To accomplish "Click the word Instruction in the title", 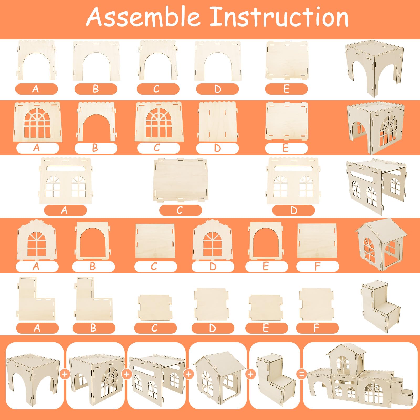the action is (x=280, y=17).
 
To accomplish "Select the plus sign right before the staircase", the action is (x=251, y=374).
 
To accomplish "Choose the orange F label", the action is (x=317, y=328).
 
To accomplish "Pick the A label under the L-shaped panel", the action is (x=37, y=328).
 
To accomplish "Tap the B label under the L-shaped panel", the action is (x=94, y=328).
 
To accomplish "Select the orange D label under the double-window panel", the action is (x=293, y=210).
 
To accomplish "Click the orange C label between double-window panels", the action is (x=181, y=210).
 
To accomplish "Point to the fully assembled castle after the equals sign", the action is (x=360, y=375).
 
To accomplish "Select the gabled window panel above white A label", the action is (x=37, y=240).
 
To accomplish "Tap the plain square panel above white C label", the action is (x=155, y=241).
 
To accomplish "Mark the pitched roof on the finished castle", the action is (x=346, y=351).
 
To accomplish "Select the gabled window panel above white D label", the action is (x=212, y=240).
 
